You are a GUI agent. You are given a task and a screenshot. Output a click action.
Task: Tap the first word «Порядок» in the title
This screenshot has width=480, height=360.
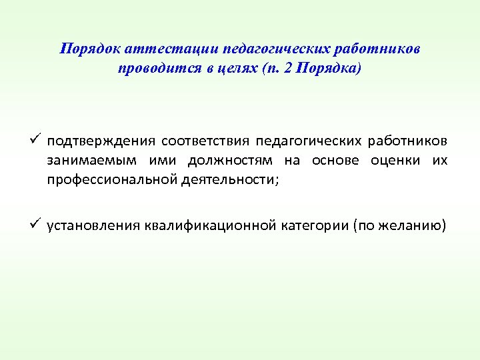click(x=84, y=49)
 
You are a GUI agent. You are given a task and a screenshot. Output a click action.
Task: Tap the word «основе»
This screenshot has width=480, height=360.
click(x=335, y=161)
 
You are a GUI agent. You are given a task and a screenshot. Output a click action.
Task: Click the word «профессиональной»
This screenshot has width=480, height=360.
click(x=112, y=180)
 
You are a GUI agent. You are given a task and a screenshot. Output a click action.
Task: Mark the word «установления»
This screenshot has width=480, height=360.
click(x=94, y=225)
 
